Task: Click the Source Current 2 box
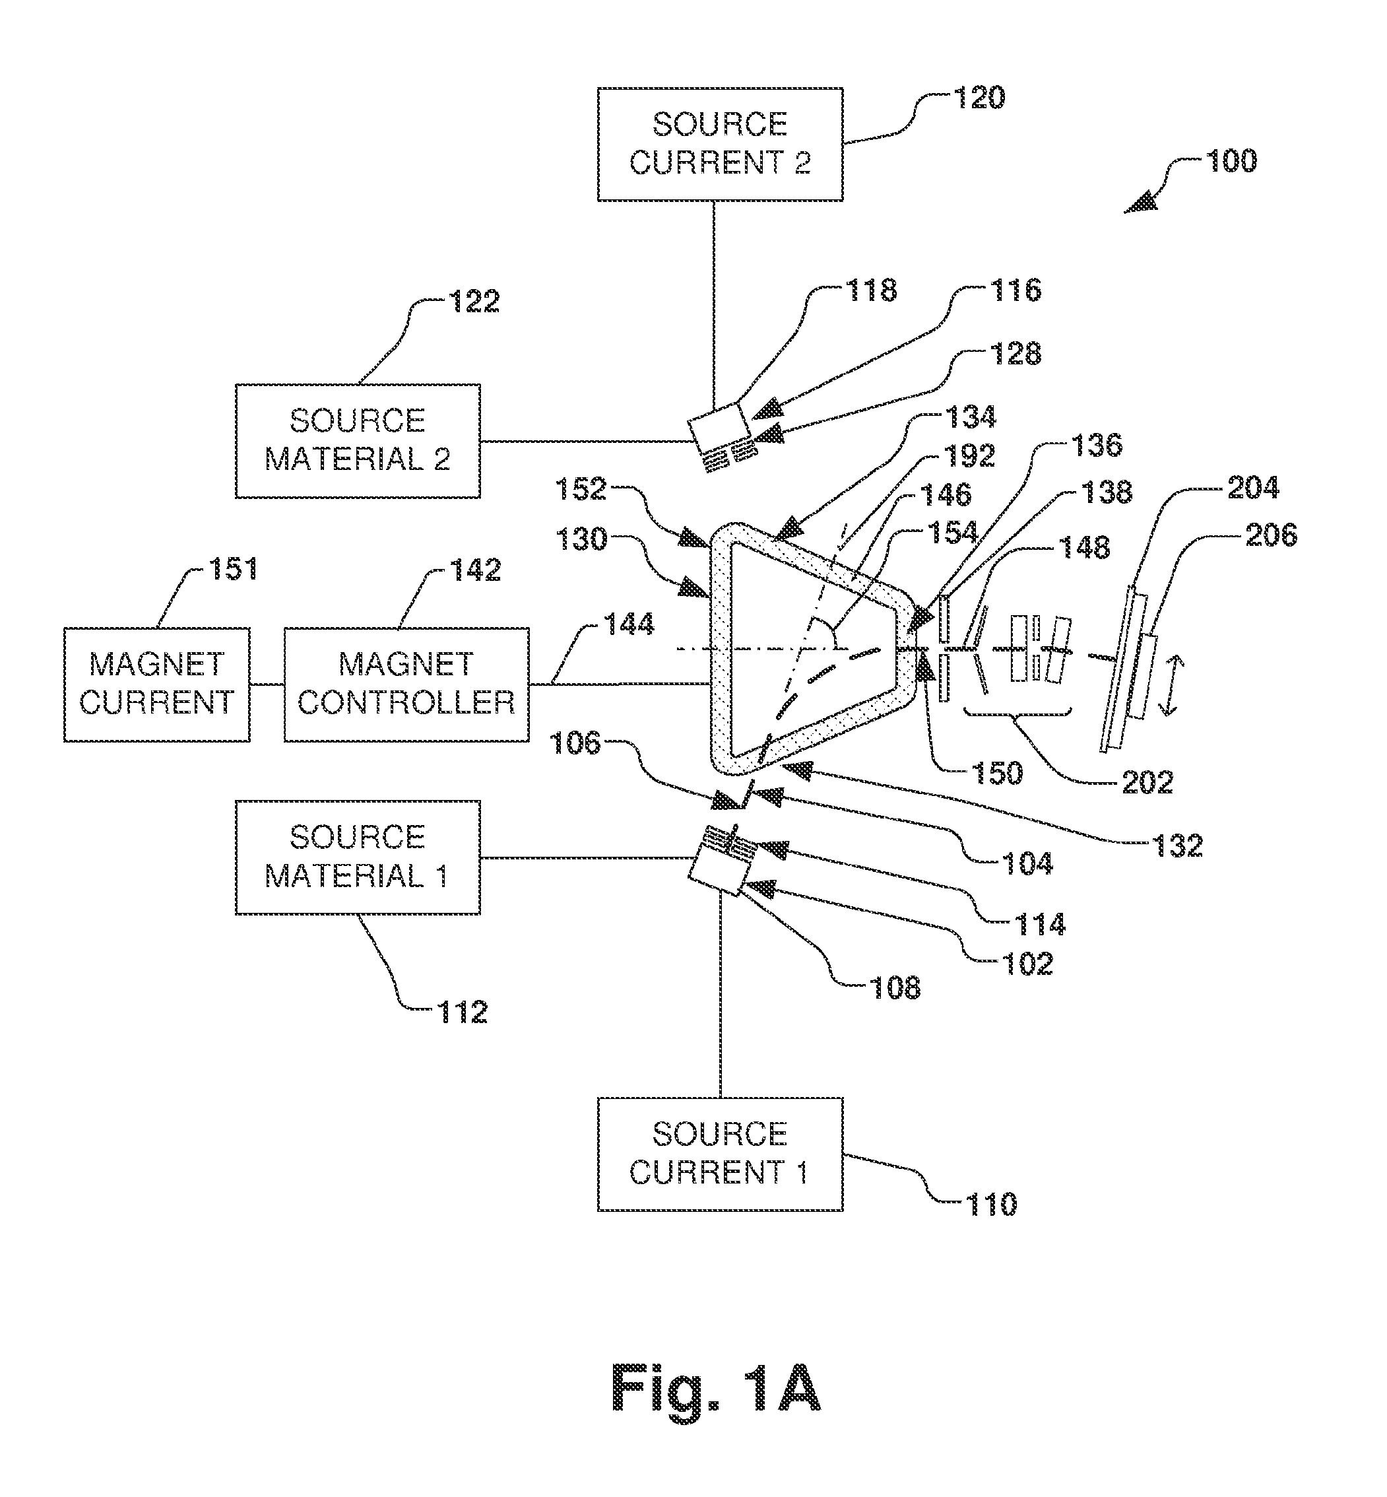click(720, 144)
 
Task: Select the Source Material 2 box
click(358, 441)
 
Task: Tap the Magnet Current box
click(157, 684)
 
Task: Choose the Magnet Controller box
click(406, 684)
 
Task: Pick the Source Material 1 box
click(358, 857)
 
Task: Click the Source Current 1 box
click(720, 1154)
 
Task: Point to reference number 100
click(1232, 162)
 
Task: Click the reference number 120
click(979, 98)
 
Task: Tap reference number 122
click(474, 302)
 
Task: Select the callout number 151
click(234, 569)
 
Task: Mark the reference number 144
click(629, 624)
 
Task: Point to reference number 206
click(1272, 535)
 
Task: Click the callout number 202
click(1147, 783)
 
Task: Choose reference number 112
click(463, 1013)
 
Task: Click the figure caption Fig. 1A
click(717, 1388)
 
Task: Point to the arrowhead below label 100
click(1140, 203)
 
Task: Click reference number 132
click(1178, 846)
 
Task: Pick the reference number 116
click(1016, 290)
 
